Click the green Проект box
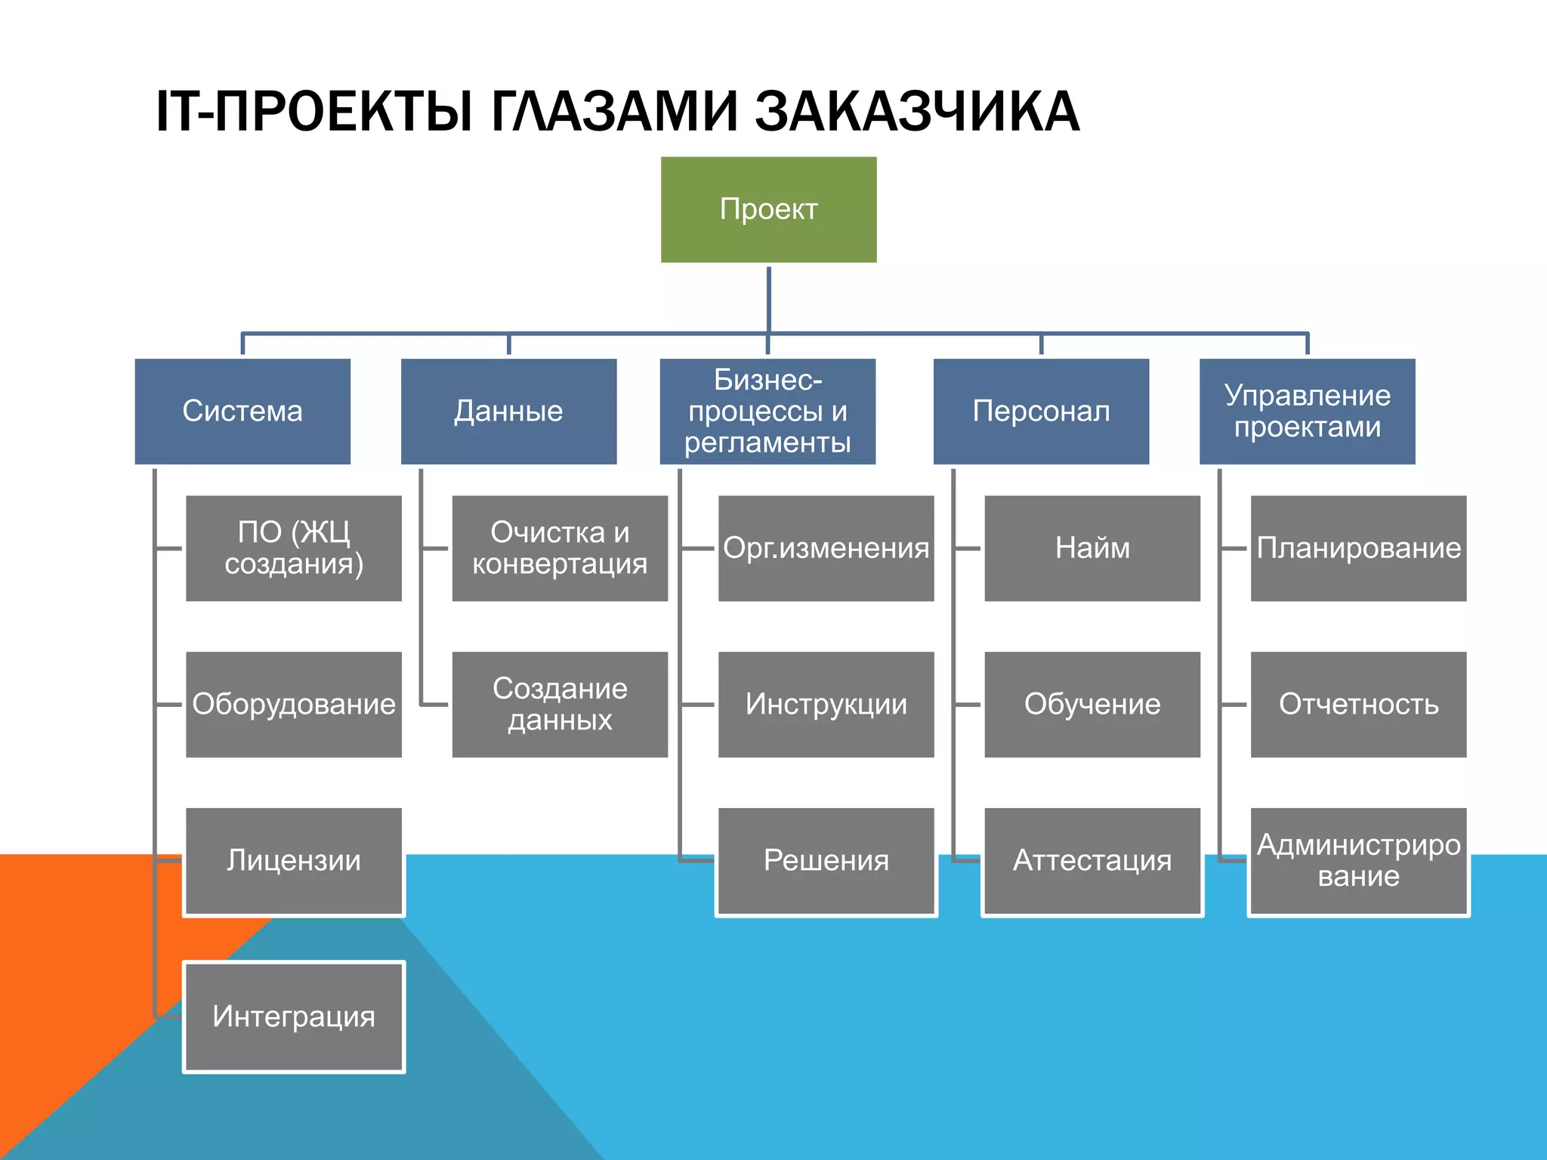tap(768, 209)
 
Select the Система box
tap(242, 411)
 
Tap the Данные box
tap(508, 411)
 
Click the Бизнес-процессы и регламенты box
tap(767, 411)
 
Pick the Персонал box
tap(1041, 411)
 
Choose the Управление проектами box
tap(1307, 411)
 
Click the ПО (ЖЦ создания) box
tap(294, 548)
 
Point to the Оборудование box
tap(294, 704)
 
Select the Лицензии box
tap(294, 861)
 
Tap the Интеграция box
tap(294, 1017)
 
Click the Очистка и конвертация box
tap(560, 548)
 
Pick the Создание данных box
tap(560, 704)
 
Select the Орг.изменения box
tap(826, 548)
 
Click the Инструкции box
tap(826, 704)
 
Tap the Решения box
tap(826, 861)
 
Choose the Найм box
tap(1092, 548)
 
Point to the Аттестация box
tap(1092, 861)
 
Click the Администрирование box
tap(1358, 861)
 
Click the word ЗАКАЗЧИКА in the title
tap(917, 112)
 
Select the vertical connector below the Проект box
tap(768, 298)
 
